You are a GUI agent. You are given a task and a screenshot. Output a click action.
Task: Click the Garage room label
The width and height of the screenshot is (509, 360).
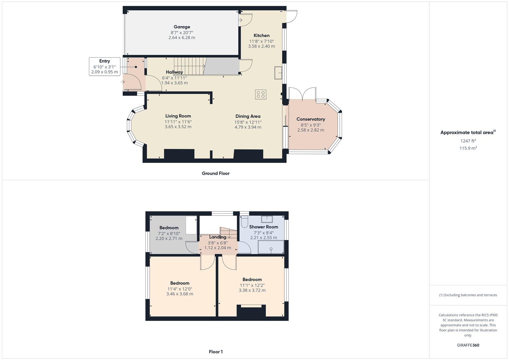tap(182, 27)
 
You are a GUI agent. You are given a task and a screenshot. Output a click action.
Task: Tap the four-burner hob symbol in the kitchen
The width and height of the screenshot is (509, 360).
tap(261, 94)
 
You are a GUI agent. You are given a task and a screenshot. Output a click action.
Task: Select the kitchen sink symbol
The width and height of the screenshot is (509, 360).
tap(278, 73)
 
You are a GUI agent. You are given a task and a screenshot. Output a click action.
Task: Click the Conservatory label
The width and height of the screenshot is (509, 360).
tap(311, 119)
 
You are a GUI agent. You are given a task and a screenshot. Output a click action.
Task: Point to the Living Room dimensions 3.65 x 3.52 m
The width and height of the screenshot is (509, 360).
tap(178, 127)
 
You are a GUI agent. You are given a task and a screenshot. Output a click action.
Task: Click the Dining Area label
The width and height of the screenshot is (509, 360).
tap(248, 116)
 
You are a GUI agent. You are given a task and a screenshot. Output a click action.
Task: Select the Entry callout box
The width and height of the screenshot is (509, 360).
tap(104, 66)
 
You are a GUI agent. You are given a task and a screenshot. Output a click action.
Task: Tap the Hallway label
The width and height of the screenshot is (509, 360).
tap(174, 72)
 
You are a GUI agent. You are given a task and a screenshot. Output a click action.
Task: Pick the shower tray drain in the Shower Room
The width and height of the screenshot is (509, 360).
tap(271, 249)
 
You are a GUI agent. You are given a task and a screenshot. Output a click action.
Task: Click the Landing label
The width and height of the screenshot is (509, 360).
tap(217, 237)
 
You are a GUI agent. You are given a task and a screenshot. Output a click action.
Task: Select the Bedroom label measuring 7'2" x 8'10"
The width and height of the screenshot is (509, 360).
tap(169, 228)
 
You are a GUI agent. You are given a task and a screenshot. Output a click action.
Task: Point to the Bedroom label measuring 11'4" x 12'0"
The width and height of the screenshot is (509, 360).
tap(180, 283)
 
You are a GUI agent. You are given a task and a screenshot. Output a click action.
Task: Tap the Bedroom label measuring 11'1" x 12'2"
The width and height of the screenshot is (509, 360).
tap(252, 279)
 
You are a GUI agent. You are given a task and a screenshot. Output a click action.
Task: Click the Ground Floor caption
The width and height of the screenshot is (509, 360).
tap(216, 173)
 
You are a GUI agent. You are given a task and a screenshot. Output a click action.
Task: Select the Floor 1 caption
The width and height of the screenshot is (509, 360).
tap(216, 352)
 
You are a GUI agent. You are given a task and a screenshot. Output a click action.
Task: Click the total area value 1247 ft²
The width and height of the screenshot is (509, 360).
tap(468, 141)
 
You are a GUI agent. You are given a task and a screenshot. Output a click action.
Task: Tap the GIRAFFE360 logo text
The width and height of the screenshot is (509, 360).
tap(468, 345)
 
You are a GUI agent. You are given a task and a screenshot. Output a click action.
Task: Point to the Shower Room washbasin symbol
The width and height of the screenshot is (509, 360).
tap(267, 219)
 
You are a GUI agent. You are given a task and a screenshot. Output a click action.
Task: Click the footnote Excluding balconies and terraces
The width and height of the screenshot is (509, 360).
tap(468, 295)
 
